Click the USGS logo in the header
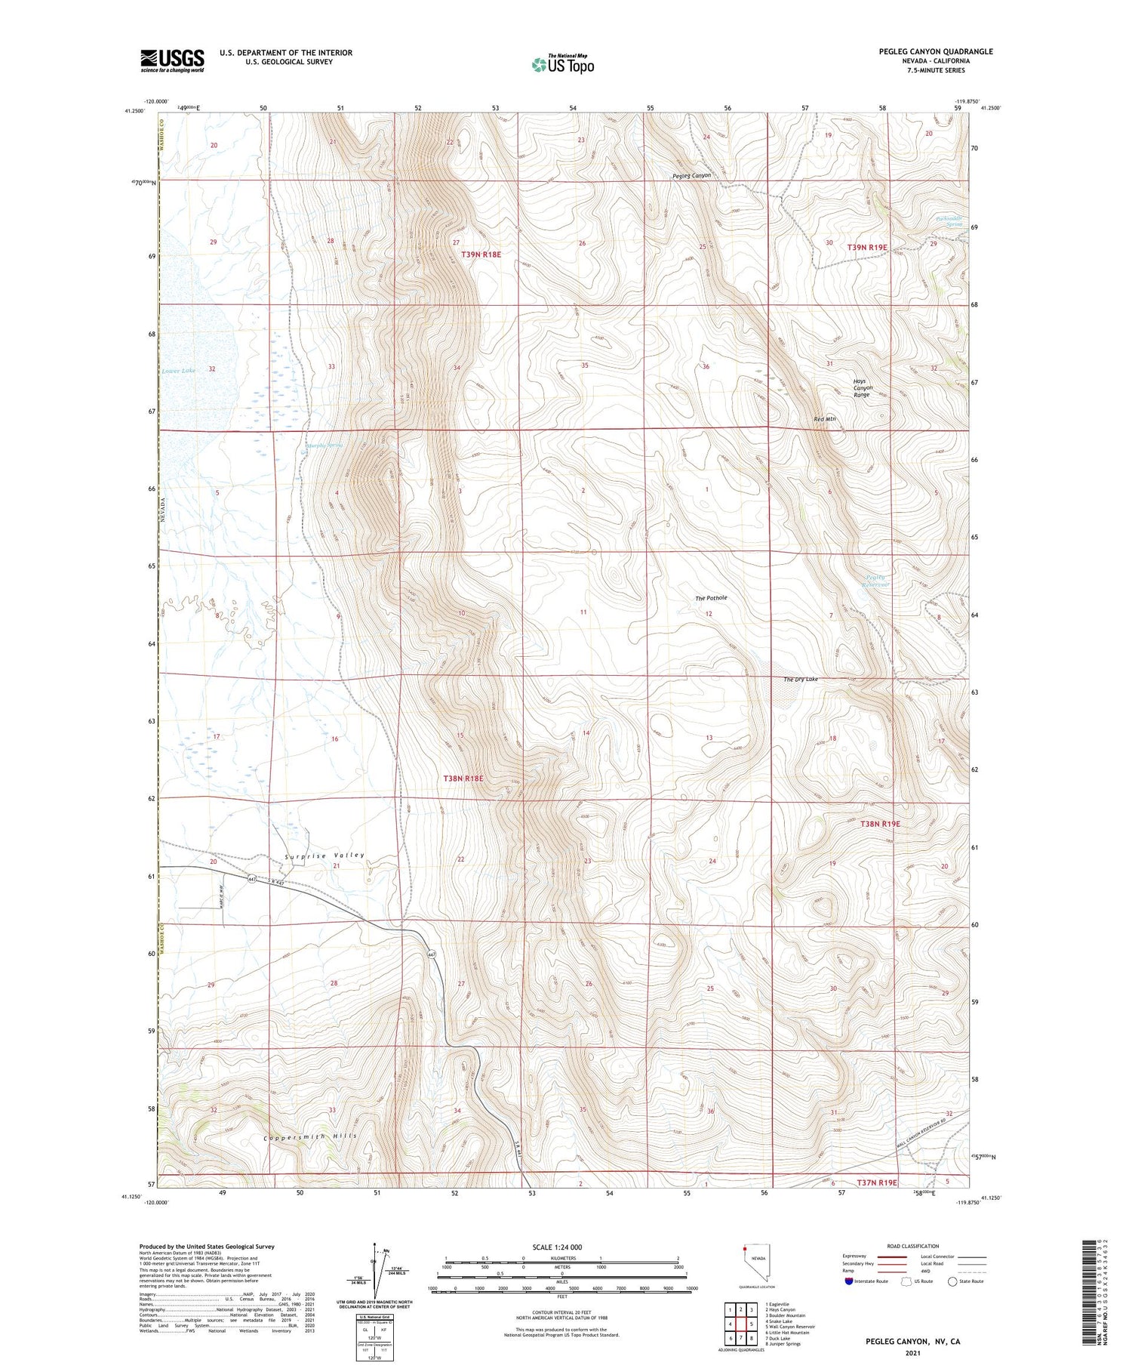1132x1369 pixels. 172,60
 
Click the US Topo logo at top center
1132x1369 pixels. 563,65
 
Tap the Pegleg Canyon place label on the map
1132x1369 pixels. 692,176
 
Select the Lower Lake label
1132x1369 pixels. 178,371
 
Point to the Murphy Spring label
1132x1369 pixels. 325,446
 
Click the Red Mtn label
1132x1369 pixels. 825,419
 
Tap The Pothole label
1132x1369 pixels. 711,598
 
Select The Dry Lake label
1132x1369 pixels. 801,680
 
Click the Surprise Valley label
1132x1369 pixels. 325,856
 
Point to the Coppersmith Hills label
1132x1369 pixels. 310,1136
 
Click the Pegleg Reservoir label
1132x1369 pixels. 876,581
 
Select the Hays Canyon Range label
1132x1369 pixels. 862,388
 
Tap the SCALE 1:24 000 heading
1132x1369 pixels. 561,1247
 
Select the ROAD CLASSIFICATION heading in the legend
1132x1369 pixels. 913,1247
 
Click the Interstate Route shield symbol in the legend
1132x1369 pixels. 850,1281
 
